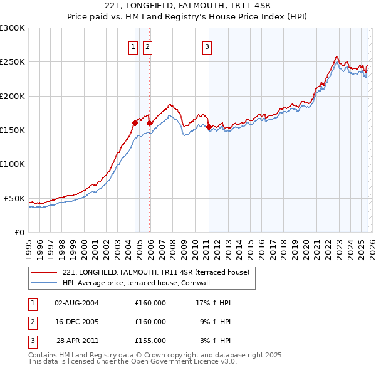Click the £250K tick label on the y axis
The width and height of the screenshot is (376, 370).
tap(13, 62)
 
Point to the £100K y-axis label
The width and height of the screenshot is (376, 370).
tap(13, 164)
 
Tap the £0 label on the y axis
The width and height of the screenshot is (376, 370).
tap(19, 232)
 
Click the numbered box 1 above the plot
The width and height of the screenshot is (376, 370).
tap(133, 46)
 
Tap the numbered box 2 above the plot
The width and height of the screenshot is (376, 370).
tap(147, 46)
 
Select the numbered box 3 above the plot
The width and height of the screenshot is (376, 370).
tap(207, 46)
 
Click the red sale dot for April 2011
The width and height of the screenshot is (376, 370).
tap(209, 127)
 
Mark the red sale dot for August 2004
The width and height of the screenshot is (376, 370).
tap(135, 123)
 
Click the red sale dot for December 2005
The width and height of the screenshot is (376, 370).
tap(149, 123)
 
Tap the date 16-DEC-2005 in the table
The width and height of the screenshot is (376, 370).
tap(76, 322)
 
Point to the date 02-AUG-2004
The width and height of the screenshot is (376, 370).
tap(76, 303)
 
